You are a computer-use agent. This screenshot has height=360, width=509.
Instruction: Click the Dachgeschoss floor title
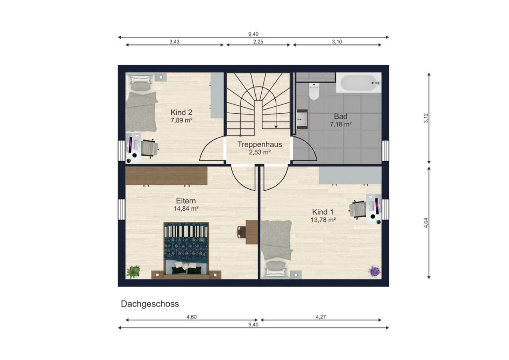(x=150, y=304)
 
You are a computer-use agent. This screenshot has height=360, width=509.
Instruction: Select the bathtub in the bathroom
(x=359, y=83)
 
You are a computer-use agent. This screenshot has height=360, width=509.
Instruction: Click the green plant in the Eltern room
(x=133, y=272)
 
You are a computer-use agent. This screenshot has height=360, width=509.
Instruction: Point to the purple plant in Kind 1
(x=375, y=272)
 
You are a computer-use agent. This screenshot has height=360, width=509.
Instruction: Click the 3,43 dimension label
(x=174, y=42)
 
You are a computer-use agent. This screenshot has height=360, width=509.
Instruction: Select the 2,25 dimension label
(x=258, y=42)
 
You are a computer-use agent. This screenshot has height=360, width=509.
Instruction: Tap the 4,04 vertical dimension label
(x=426, y=223)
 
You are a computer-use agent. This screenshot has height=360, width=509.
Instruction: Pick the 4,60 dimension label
(x=192, y=317)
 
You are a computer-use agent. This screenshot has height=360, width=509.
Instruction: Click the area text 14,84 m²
(x=186, y=208)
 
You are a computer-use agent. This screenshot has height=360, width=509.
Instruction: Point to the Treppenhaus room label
(x=260, y=144)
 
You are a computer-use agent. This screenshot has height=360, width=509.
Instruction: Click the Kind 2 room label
(x=181, y=112)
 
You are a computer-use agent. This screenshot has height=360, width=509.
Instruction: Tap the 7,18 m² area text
(x=341, y=124)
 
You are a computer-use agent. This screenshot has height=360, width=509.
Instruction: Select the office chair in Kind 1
(x=357, y=209)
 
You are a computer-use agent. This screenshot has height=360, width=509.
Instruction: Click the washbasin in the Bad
(x=302, y=119)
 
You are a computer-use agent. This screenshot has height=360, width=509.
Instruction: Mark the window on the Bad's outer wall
(x=385, y=150)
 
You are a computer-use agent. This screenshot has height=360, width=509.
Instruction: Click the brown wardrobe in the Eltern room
(x=166, y=176)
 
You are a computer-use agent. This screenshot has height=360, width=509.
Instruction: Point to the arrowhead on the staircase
(x=276, y=127)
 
